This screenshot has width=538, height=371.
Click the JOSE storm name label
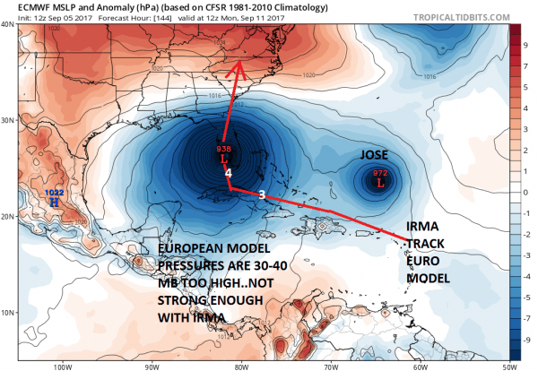375,154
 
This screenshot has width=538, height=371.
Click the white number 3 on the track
261,194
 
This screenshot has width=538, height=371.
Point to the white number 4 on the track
229,172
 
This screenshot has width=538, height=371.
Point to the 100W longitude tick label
62,365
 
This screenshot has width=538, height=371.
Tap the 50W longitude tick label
508,365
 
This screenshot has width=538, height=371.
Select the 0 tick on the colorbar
527,192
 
